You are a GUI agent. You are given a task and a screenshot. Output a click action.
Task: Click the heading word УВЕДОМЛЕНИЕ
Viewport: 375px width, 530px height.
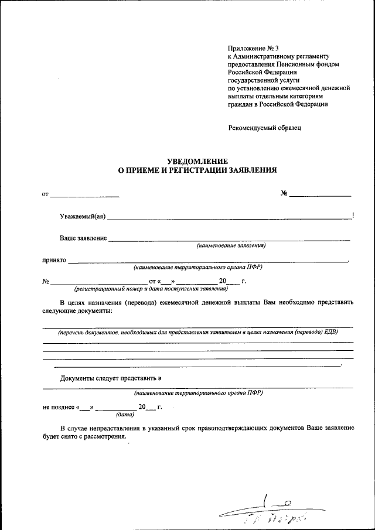pyautogui.click(x=197, y=161)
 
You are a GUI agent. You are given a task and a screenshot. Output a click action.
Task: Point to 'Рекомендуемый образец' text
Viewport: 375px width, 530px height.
pyautogui.click(x=264, y=128)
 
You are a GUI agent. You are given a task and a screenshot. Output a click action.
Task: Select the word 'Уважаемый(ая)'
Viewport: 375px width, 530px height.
pyautogui.click(x=83, y=217)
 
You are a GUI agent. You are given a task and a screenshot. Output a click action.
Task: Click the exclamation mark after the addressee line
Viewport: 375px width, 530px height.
pyautogui.click(x=353, y=216)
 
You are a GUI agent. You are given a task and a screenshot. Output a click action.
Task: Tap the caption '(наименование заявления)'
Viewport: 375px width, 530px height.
pyautogui.click(x=231, y=245)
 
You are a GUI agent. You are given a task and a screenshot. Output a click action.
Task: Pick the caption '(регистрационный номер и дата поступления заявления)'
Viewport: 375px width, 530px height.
pyautogui.click(x=151, y=289)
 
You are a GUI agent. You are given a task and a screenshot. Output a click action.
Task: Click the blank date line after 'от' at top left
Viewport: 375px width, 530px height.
pyautogui.click(x=85, y=194)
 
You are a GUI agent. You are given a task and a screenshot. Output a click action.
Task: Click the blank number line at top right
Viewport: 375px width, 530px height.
pyautogui.click(x=321, y=194)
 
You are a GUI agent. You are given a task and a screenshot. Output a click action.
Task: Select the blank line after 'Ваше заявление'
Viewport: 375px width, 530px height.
pyautogui.click(x=230, y=239)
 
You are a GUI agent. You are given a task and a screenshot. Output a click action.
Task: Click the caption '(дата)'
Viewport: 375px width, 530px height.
pyautogui.click(x=125, y=415)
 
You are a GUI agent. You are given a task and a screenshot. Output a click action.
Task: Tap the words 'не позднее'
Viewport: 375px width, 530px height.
pyautogui.click(x=59, y=406)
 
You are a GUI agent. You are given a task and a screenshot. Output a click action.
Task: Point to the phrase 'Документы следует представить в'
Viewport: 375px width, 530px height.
pyautogui.click(x=111, y=378)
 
